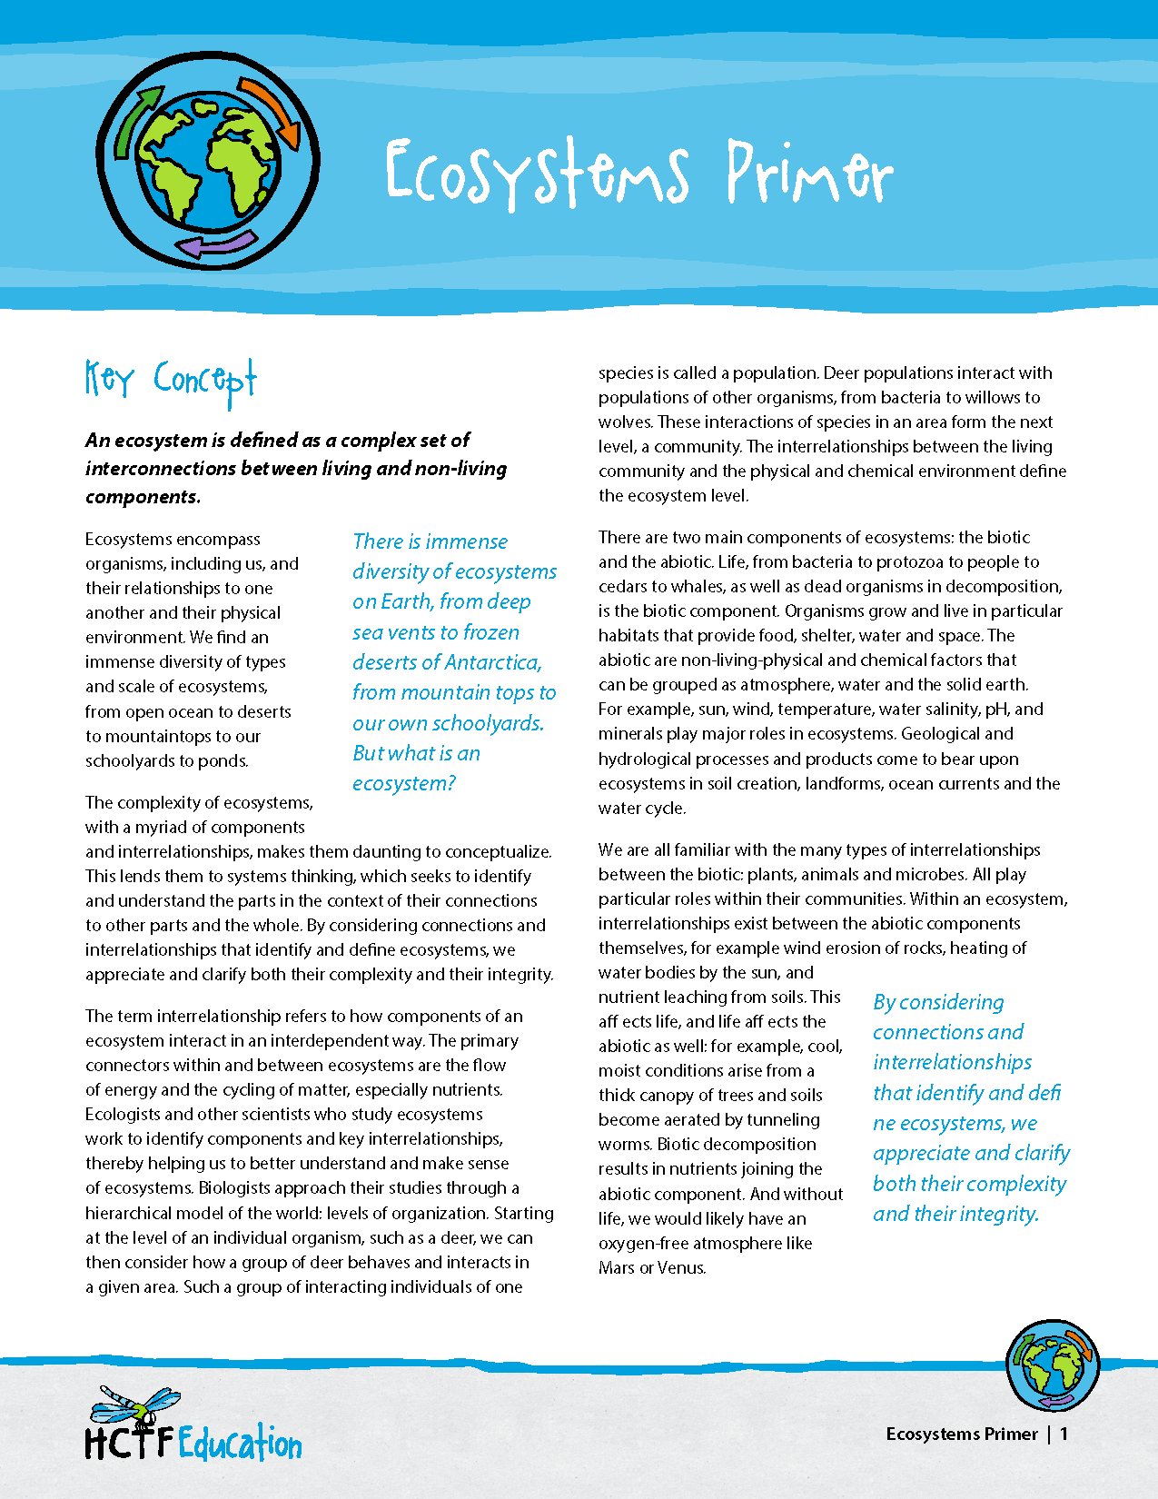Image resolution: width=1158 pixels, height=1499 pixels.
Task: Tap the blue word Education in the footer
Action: (240, 1444)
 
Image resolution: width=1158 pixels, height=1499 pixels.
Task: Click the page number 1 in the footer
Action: (1064, 1434)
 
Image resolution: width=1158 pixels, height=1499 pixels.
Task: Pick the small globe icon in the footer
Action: (1053, 1365)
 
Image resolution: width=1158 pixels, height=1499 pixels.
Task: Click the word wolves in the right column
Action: (625, 422)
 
